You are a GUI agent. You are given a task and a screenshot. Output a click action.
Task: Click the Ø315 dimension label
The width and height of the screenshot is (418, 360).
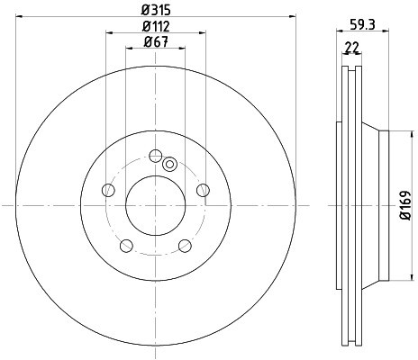click(156, 10)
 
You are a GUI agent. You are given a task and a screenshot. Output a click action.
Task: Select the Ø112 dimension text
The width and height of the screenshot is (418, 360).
click(156, 26)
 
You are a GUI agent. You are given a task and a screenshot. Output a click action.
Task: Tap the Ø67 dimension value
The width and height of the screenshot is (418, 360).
click(156, 41)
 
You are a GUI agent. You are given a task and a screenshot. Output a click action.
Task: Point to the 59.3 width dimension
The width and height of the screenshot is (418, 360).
click(362, 24)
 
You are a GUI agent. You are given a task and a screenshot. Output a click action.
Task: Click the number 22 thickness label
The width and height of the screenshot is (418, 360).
click(351, 48)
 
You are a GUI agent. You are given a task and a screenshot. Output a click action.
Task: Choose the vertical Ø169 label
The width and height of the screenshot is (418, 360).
click(405, 205)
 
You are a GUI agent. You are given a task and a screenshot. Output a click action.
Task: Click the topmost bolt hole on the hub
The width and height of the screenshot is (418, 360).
click(156, 156)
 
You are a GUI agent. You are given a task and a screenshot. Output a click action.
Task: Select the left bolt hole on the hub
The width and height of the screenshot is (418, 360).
click(108, 190)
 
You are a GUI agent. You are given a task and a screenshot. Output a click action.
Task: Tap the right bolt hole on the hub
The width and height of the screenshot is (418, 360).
click(203, 190)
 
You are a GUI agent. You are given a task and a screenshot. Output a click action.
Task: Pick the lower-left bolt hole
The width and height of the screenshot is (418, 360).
click(126, 246)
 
